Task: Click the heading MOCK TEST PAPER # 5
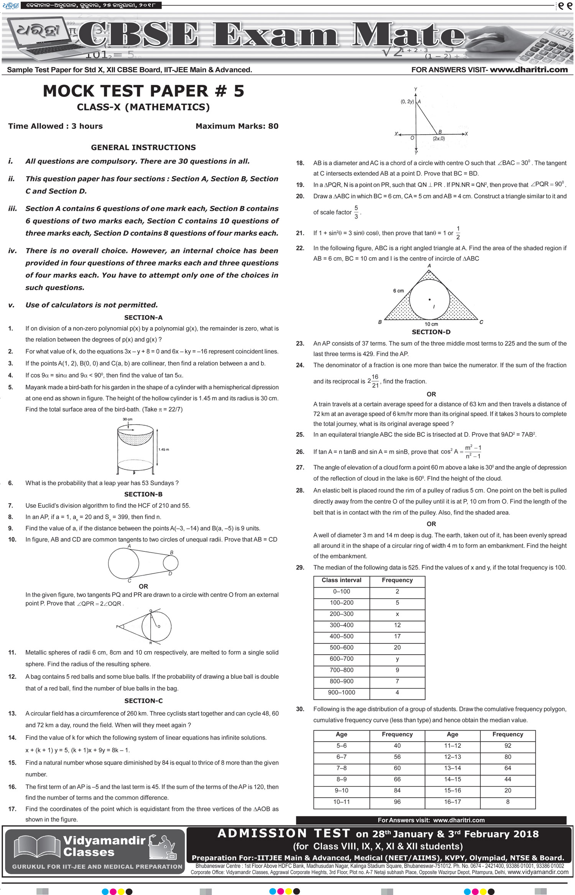tap(143, 91)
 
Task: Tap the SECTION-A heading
tap(143, 318)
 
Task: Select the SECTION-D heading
tap(431, 332)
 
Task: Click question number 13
tap(12, 714)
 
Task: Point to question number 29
tap(300, 568)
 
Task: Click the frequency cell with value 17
tap(397, 636)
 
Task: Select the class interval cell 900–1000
tap(341, 692)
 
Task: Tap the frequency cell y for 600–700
tap(397, 659)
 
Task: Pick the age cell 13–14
tap(452, 768)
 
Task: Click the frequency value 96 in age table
tap(397, 801)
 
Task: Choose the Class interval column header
tap(341, 580)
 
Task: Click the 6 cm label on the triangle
tap(398, 291)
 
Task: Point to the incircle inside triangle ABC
tap(429, 299)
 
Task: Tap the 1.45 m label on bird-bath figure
tap(164, 449)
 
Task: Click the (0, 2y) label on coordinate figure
tap(407, 102)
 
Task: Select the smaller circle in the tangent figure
tap(171, 563)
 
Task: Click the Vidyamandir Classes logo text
tap(103, 846)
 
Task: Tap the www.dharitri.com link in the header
tap(529, 70)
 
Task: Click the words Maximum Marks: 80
tap(237, 126)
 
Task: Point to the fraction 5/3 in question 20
tap(356, 212)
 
